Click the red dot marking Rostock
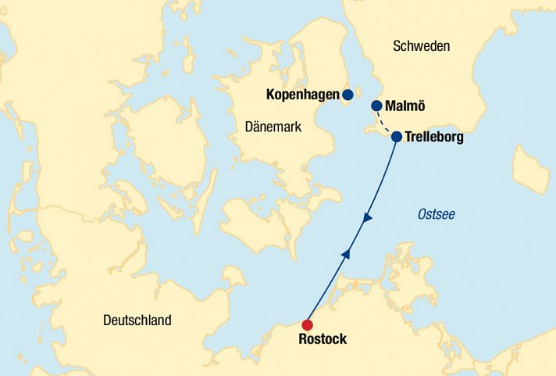point(308,325)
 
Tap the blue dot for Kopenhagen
point(347,95)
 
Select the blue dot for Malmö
point(376,106)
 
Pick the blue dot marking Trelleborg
point(396,137)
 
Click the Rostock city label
point(323,340)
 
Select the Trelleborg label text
point(434,138)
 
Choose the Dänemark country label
point(273,127)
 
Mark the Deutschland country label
point(137,320)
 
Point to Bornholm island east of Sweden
point(530,169)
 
